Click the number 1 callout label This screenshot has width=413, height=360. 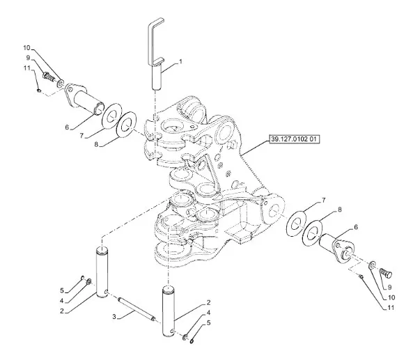point(180,61)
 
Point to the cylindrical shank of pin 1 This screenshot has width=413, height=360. point(157,77)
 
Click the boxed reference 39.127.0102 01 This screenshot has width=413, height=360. point(294,139)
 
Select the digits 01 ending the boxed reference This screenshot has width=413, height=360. point(313,139)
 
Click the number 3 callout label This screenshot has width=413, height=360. point(114,317)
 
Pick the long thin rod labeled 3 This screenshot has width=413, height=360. point(137,309)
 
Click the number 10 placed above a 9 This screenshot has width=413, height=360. point(27,48)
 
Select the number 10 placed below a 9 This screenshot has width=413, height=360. point(391,297)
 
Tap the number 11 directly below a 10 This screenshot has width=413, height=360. point(391,308)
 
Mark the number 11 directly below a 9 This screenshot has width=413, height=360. point(27,68)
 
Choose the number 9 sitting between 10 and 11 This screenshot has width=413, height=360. point(28,58)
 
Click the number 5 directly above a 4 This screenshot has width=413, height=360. point(62,291)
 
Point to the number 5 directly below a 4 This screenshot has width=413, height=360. point(209,322)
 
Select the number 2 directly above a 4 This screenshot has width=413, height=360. point(209,302)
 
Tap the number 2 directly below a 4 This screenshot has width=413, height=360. point(62,311)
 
